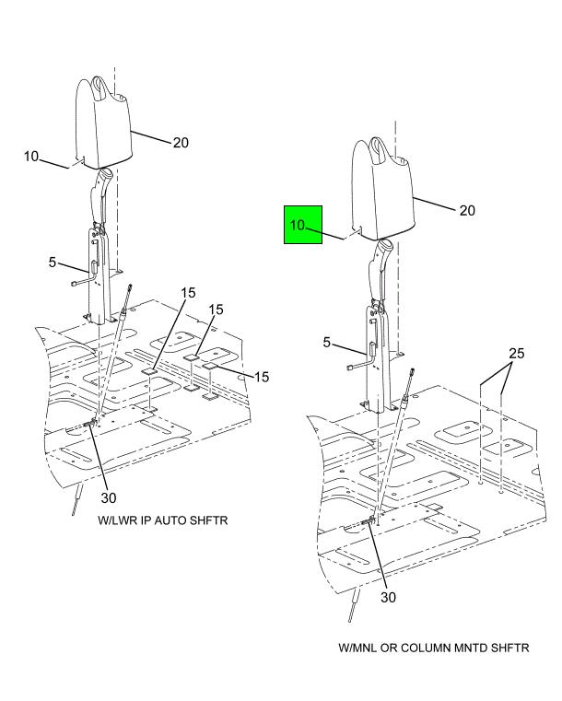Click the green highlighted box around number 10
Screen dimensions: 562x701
tap(303, 225)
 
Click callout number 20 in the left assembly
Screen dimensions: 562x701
tap(181, 143)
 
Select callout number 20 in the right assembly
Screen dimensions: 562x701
tap(467, 211)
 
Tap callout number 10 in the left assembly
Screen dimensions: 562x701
tap(31, 157)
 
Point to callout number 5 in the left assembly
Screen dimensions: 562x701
tap(53, 262)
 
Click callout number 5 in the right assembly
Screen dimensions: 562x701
tap(327, 343)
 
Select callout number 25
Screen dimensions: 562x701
tap(517, 353)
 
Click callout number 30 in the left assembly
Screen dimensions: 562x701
tap(109, 497)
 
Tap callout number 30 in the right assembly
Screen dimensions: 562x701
tap(389, 597)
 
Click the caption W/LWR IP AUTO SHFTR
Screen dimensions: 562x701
tap(163, 520)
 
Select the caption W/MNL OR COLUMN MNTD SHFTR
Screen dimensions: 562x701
tap(434, 648)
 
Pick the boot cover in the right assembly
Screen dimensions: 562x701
tap(383, 190)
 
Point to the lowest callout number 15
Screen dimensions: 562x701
tap(262, 377)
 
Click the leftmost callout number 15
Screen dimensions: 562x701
tap(188, 293)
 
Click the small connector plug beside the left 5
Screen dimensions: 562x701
tap(76, 283)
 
